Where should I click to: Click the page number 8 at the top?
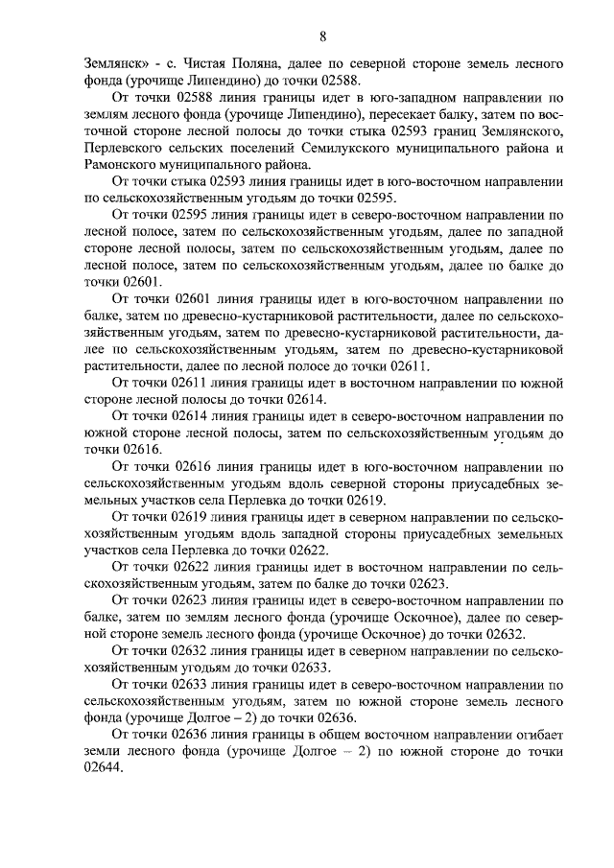coord(323,36)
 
